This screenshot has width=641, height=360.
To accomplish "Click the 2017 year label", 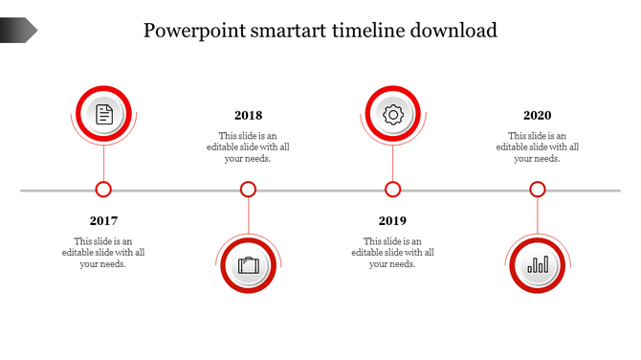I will pyautogui.click(x=103, y=221).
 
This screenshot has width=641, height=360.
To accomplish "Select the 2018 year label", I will pyautogui.click(x=248, y=116).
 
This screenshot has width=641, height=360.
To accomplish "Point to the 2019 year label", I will pyautogui.click(x=392, y=221).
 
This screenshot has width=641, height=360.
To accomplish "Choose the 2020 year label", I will pyautogui.click(x=537, y=116).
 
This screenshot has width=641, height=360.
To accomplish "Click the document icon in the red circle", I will pyautogui.click(x=103, y=115).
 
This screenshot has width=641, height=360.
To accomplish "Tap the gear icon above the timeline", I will pyautogui.click(x=392, y=115).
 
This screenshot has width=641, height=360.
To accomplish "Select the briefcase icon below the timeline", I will pyautogui.click(x=249, y=264).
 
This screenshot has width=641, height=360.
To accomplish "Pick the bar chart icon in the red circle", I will pyautogui.click(x=538, y=264).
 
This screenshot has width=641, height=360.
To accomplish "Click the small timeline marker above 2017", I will pyautogui.click(x=103, y=190).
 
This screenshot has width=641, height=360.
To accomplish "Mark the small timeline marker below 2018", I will pyautogui.click(x=248, y=190).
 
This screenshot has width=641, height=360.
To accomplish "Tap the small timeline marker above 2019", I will pyautogui.click(x=392, y=190).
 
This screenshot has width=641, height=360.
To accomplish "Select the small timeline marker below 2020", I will pyautogui.click(x=538, y=190).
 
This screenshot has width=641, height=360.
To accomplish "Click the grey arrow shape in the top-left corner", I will pyautogui.click(x=18, y=31).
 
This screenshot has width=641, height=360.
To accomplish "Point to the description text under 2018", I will pyautogui.click(x=248, y=147).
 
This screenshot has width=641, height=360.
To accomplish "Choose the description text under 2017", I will pyautogui.click(x=103, y=253).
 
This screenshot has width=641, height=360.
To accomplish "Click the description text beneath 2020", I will pyautogui.click(x=537, y=147).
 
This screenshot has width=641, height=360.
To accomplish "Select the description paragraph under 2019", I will pyautogui.click(x=392, y=253).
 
